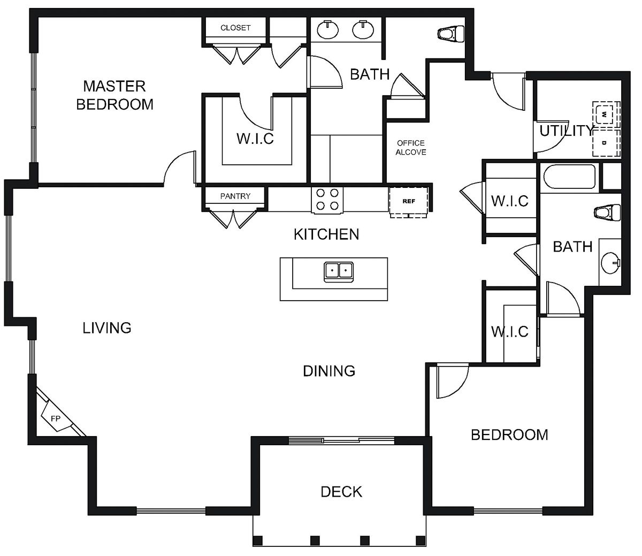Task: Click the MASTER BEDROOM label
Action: tap(114, 95)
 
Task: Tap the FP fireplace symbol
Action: tap(55, 418)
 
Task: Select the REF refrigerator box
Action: tap(408, 202)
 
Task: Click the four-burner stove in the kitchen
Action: tap(327, 200)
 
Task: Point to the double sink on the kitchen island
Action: tap(338, 271)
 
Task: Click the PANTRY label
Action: tap(235, 196)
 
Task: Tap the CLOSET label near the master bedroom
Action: tap(235, 28)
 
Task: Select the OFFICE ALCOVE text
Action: tap(411, 148)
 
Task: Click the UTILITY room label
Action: tap(566, 131)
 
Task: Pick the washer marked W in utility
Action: tap(606, 114)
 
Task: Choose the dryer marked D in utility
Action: tap(606, 143)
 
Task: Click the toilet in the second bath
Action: tap(606, 212)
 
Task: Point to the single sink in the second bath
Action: tap(610, 263)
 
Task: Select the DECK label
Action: tap(341, 491)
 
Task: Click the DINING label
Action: tap(329, 370)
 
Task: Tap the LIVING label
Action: tap(107, 327)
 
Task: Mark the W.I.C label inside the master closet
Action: tap(255, 139)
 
